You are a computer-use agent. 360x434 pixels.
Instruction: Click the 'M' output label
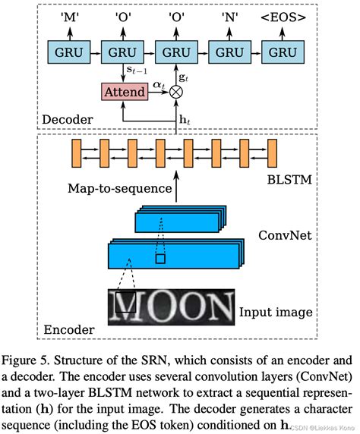pos(68,16)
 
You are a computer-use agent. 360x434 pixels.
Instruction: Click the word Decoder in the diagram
pos(66,118)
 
